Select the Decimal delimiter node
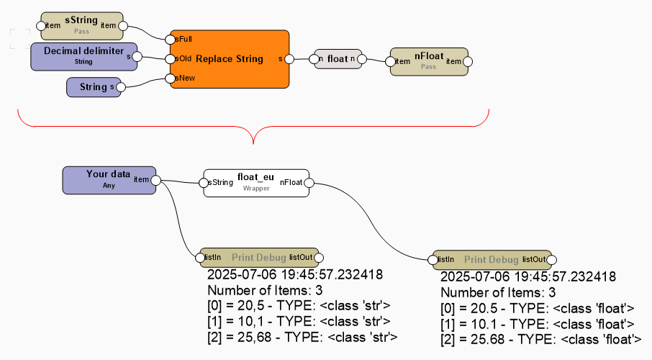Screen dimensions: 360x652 click(83, 56)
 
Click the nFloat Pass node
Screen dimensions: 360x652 click(428, 61)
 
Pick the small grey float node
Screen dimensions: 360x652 click(337, 59)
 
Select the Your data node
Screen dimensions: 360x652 click(108, 179)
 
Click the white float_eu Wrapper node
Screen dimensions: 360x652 click(256, 183)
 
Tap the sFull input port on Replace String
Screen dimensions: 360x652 click(170, 39)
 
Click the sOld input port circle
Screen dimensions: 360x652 click(170, 59)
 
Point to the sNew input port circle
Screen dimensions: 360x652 click(170, 78)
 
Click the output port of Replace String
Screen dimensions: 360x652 click(289, 59)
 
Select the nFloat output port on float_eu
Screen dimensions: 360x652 click(309, 183)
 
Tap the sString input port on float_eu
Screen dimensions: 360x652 click(204, 183)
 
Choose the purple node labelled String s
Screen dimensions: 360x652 click(93, 87)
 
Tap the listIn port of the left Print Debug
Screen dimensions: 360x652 click(202, 257)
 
